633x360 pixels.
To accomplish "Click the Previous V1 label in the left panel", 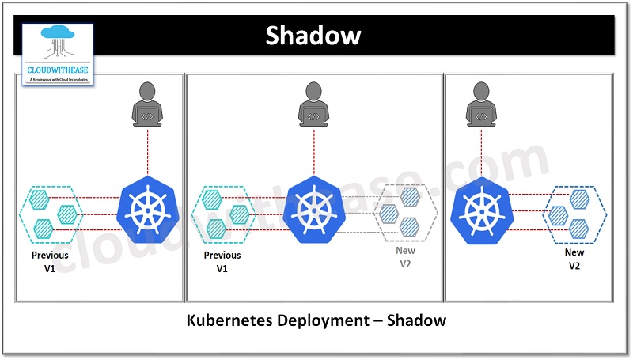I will (x=50, y=262).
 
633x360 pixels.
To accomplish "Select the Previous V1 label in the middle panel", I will (x=222, y=262).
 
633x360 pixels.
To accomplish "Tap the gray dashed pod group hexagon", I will (x=405, y=212).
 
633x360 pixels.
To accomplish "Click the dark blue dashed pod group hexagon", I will (x=575, y=212).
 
